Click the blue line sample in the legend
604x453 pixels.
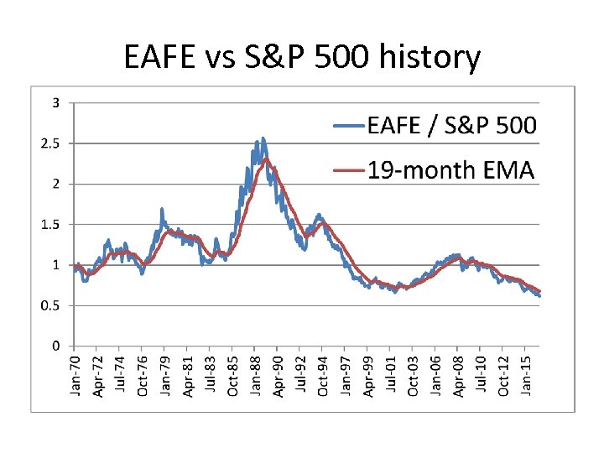(x=350, y=127)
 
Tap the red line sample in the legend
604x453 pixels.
(x=350, y=171)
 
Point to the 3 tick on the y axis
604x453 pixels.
(x=55, y=103)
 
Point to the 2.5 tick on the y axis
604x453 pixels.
(x=51, y=143)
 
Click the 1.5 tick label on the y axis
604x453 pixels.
(x=51, y=225)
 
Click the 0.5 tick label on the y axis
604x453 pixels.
(x=51, y=305)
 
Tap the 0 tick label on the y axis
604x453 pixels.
(x=55, y=346)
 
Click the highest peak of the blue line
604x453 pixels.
(x=263, y=138)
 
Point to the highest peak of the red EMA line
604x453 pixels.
(x=266, y=159)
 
